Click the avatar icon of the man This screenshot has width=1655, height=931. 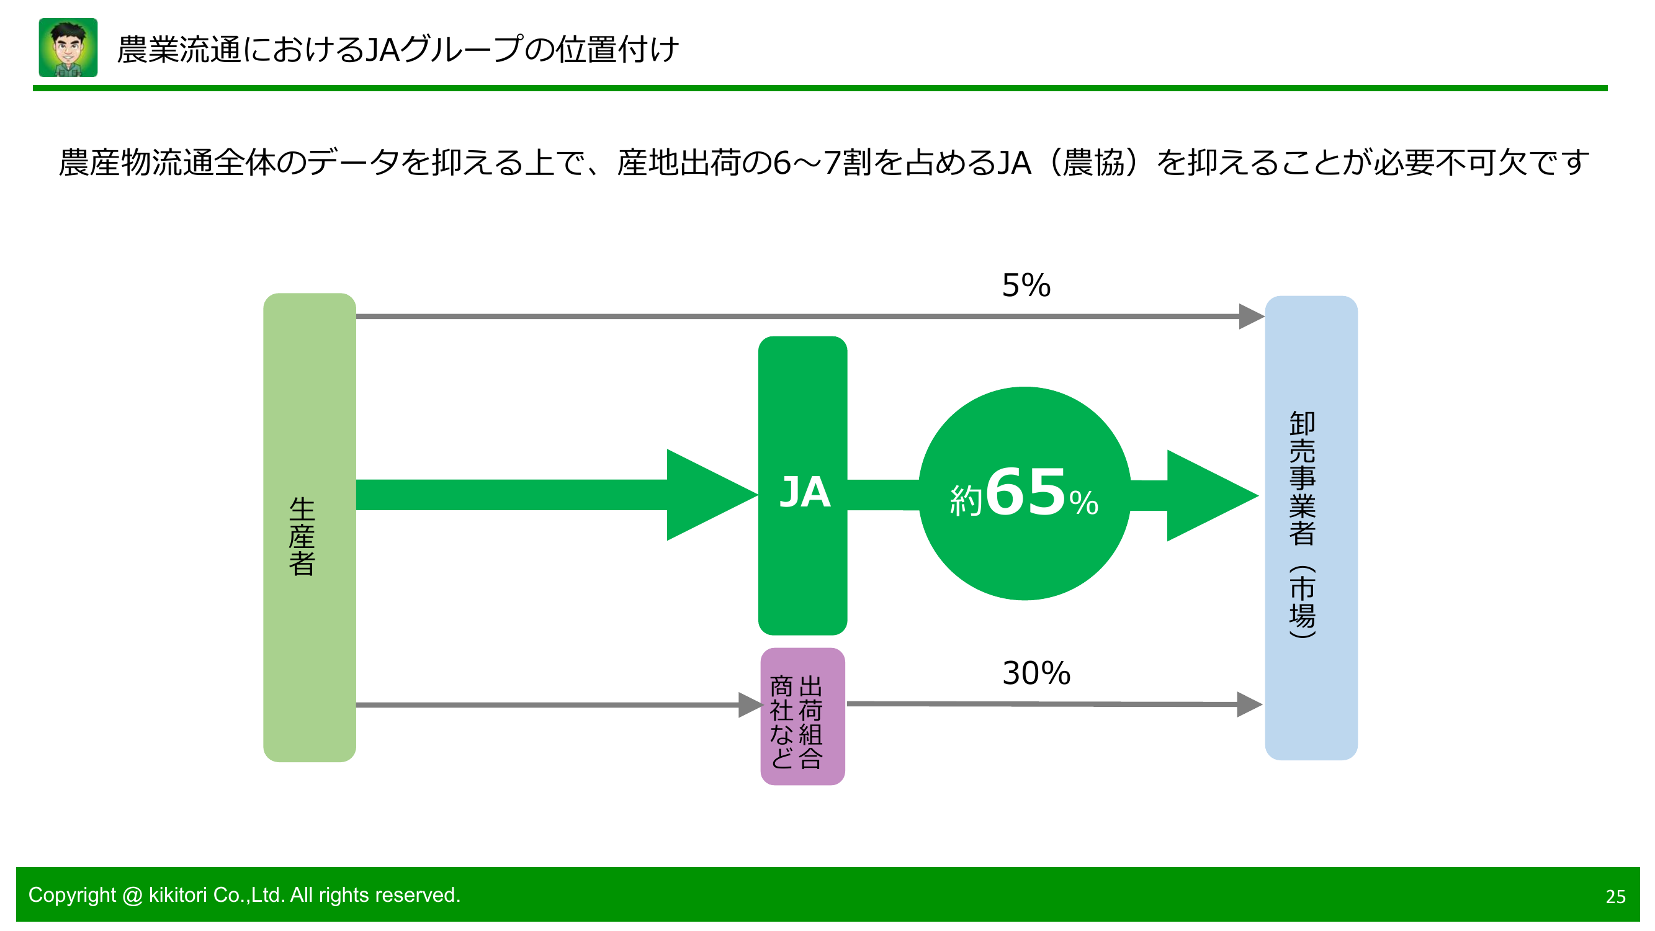pyautogui.click(x=68, y=48)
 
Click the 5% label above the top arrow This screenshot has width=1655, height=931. pyautogui.click(x=1026, y=286)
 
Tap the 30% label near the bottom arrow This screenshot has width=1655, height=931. pyautogui.click(x=1036, y=673)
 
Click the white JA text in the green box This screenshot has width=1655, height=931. pyautogui.click(x=804, y=493)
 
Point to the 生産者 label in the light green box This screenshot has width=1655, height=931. pyautogui.click(x=302, y=536)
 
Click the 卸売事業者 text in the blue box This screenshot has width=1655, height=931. pyautogui.click(x=1303, y=479)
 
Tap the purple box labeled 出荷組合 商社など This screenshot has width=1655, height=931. pyautogui.click(x=802, y=716)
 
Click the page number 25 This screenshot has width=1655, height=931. pyautogui.click(x=1615, y=897)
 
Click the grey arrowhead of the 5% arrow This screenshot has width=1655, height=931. pyautogui.click(x=1250, y=317)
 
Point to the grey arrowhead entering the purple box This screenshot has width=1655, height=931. pyautogui.click(x=749, y=705)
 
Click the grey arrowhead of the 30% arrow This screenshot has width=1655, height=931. pyautogui.click(x=1249, y=704)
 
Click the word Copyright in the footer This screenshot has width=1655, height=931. pyautogui.click(x=72, y=895)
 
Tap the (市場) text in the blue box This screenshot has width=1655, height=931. pyautogui.click(x=1303, y=602)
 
